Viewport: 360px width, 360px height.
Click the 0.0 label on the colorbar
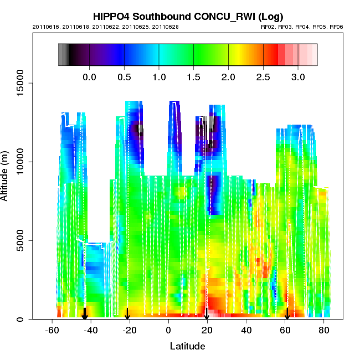[x=89, y=76]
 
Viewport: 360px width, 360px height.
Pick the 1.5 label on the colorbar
[x=194, y=76]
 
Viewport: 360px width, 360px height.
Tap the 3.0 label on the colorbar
[x=299, y=76]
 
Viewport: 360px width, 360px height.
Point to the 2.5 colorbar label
[x=264, y=76]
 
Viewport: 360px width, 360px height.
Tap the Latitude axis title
[x=187, y=347]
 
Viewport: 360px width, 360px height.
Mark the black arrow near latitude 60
[x=287, y=314]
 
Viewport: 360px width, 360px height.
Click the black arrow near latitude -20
[x=127, y=314]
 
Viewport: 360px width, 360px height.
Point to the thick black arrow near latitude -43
[x=85, y=313]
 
